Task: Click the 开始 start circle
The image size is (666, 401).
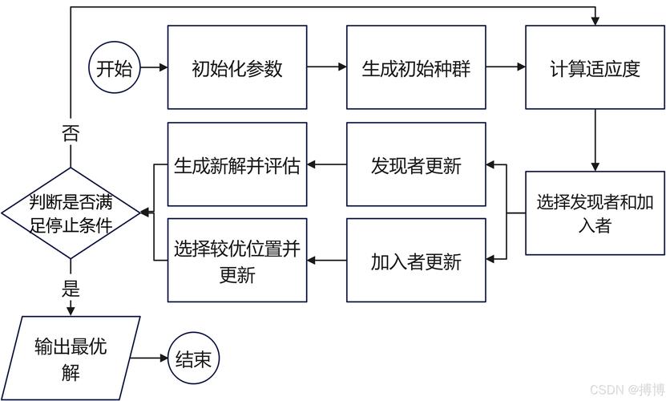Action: tap(115, 67)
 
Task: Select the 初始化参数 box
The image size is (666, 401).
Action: tap(237, 67)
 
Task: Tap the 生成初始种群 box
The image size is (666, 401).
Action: tap(416, 67)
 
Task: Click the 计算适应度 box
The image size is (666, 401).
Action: tap(595, 67)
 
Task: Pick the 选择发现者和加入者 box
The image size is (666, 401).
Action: tap(595, 213)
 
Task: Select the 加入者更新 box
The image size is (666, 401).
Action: tap(416, 261)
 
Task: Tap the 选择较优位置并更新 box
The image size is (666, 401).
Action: tap(237, 261)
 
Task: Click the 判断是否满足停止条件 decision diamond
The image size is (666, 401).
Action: tap(71, 213)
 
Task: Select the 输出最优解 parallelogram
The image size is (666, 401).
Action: tap(71, 358)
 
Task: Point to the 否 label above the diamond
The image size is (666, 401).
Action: tap(71, 133)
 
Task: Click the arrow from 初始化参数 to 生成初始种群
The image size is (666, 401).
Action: tap(326, 67)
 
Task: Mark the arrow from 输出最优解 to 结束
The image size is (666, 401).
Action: tap(150, 358)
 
